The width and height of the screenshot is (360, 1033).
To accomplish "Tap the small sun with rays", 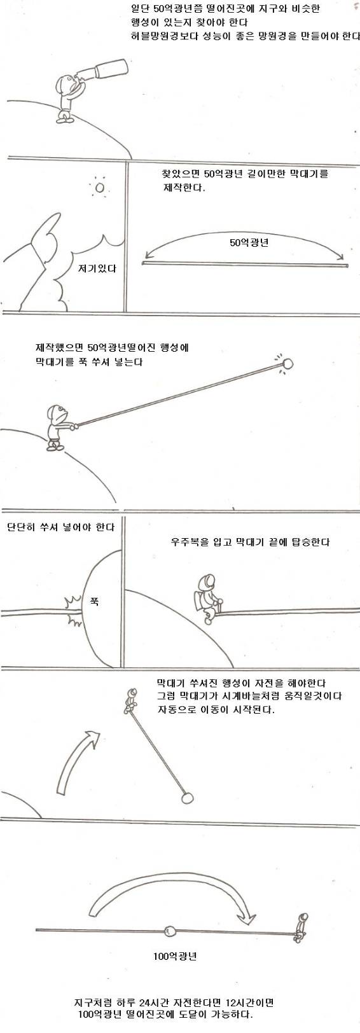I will [x=99, y=188].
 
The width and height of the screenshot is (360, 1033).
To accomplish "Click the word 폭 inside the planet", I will [x=94, y=600].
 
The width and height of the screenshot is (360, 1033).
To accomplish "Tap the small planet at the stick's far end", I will [x=287, y=364].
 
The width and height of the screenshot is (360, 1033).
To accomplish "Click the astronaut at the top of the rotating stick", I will [x=130, y=700].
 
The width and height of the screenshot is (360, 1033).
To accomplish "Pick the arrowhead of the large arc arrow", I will [x=246, y=919].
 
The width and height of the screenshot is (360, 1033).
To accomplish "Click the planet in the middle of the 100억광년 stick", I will [x=170, y=931].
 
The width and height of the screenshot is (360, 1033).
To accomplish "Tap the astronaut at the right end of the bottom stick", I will [x=301, y=926].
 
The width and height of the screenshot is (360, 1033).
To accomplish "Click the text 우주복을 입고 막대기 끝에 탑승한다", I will [x=250, y=542].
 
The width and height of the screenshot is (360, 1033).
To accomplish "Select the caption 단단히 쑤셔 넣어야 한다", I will [x=60, y=527].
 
